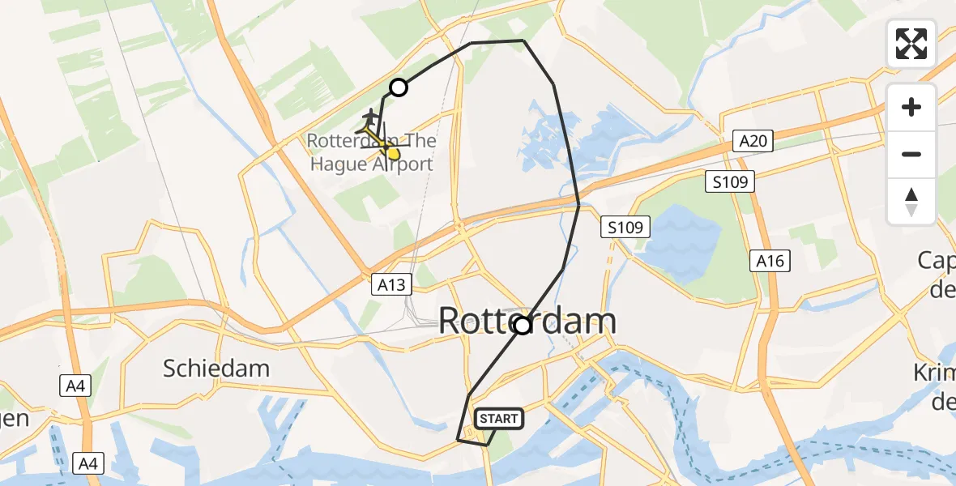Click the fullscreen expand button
pos(911,44)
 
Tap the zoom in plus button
pos(911,107)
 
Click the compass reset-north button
pos(911,201)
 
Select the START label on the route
pos(498,419)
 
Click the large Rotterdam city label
pos(527,322)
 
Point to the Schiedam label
pos(216,369)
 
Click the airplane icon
pos(371,117)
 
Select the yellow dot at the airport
pos(393,153)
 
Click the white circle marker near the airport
pos(398,87)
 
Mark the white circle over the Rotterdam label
pos(523,326)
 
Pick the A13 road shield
pos(392,284)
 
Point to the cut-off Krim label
pos(935,372)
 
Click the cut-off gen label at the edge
pos(15,418)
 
